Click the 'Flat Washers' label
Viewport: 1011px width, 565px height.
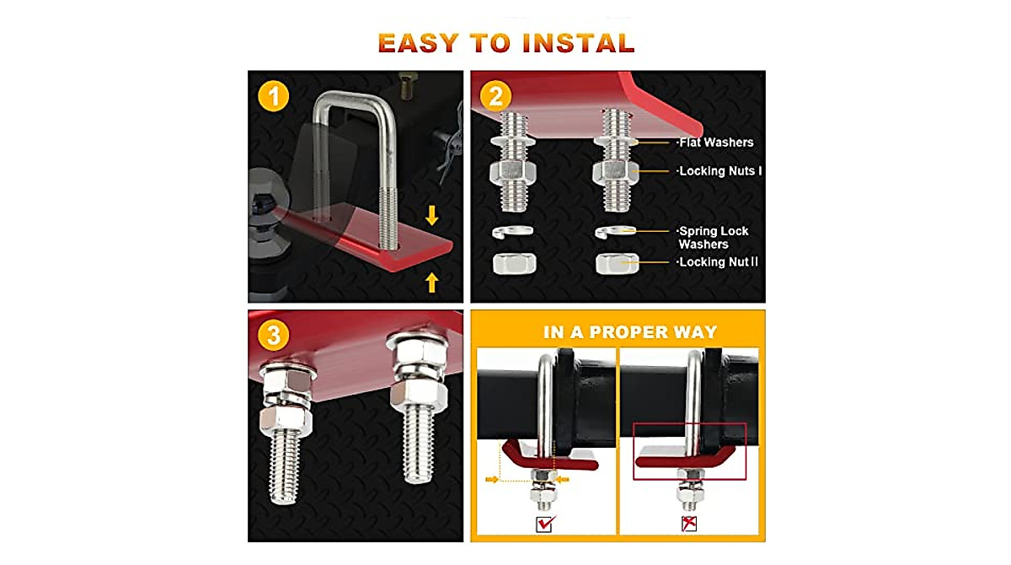point(715,143)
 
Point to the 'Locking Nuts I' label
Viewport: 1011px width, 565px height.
point(720,171)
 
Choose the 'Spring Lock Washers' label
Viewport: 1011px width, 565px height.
point(714,238)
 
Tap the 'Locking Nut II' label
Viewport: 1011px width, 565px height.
point(718,262)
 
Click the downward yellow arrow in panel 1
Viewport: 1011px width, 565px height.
point(432,216)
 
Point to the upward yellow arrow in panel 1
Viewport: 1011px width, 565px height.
point(432,282)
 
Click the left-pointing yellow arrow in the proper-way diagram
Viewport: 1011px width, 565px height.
point(563,480)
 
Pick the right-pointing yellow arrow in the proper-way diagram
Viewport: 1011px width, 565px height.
point(491,480)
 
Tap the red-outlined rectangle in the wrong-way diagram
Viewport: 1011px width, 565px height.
point(689,451)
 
